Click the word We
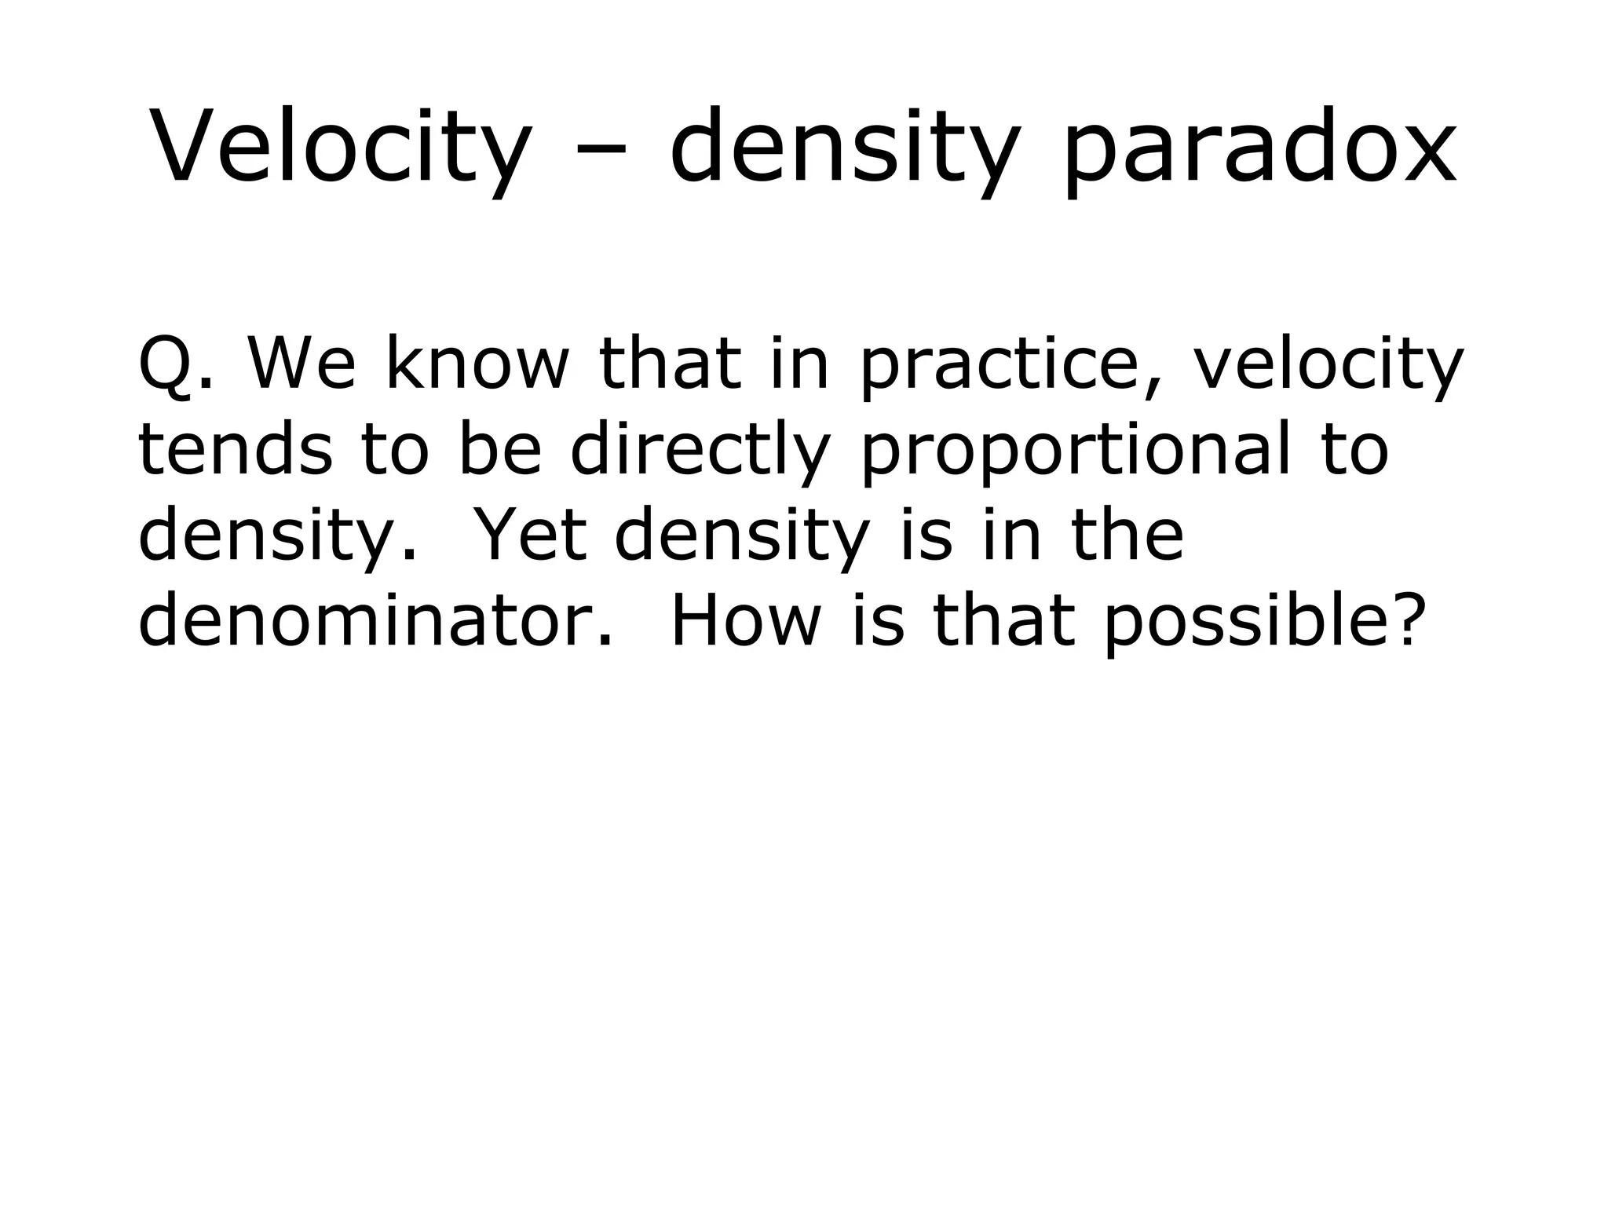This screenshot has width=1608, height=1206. [x=302, y=364]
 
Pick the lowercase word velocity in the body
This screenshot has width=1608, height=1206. [x=1328, y=366]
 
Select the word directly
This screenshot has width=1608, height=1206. [x=700, y=452]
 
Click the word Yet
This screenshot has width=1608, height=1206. [x=532, y=535]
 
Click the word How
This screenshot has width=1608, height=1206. [x=745, y=622]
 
